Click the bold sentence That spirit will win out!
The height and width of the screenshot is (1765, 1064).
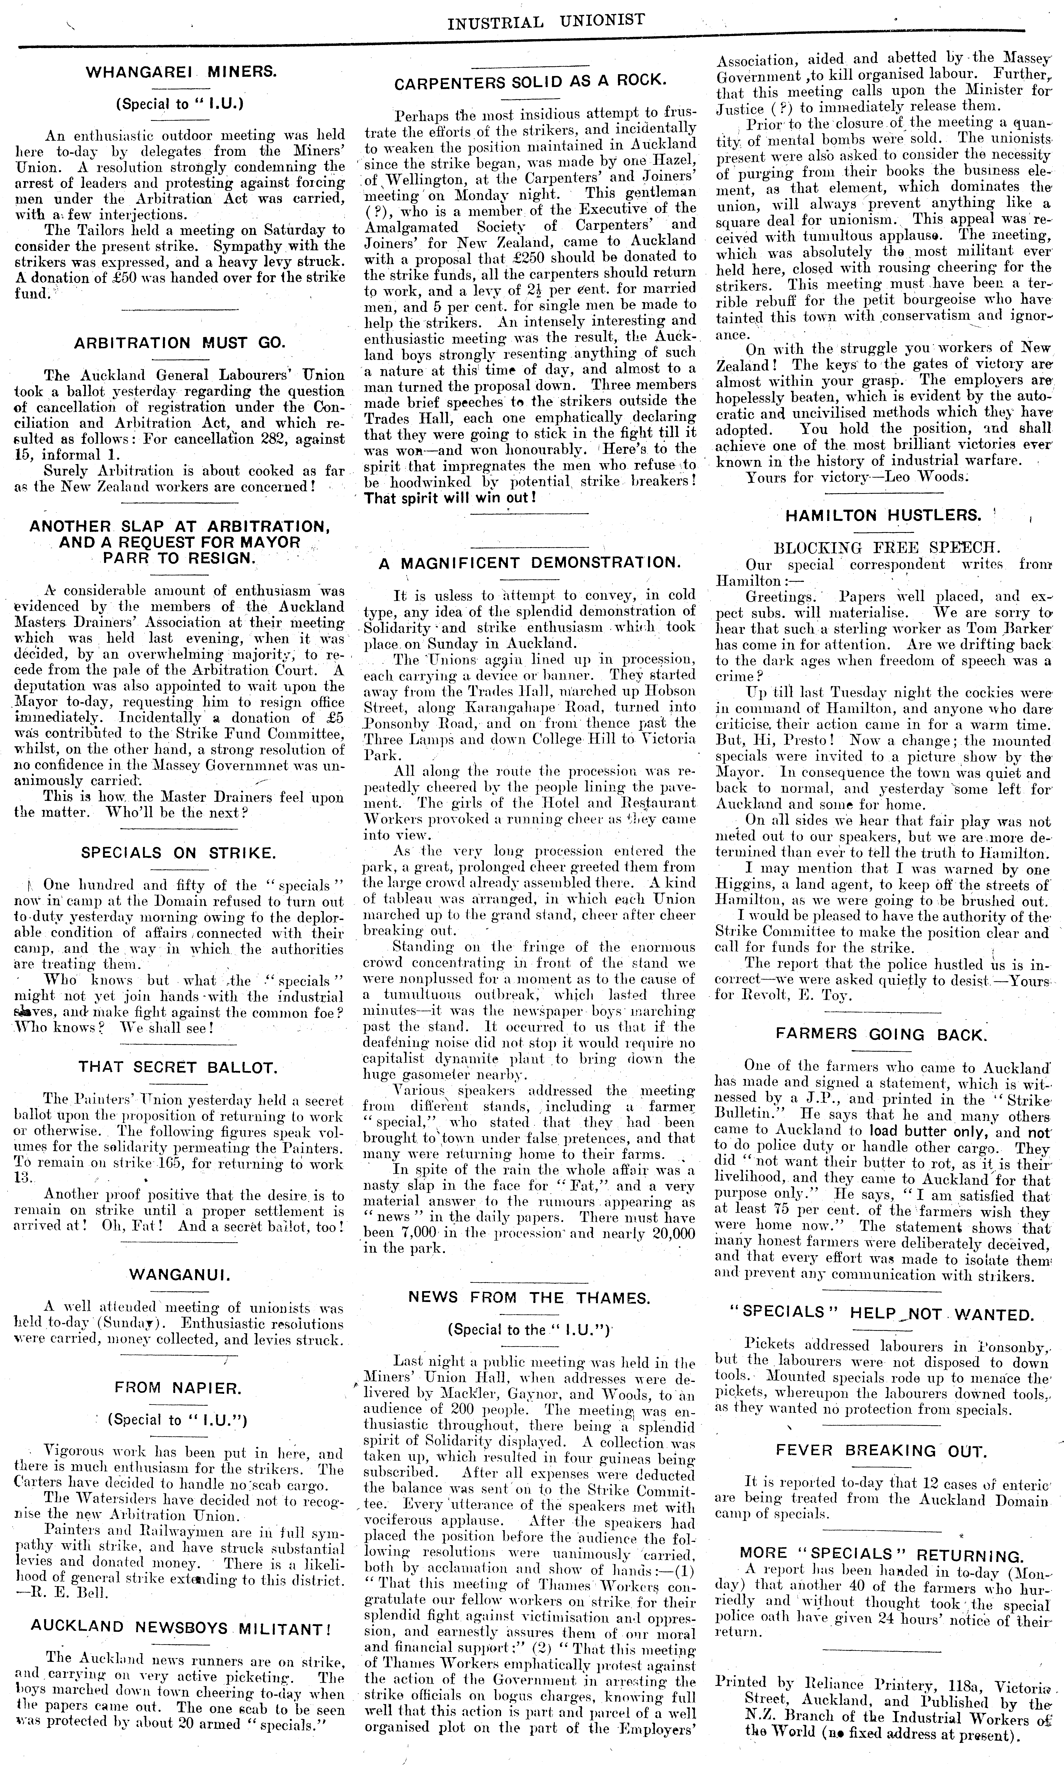click(x=450, y=497)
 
